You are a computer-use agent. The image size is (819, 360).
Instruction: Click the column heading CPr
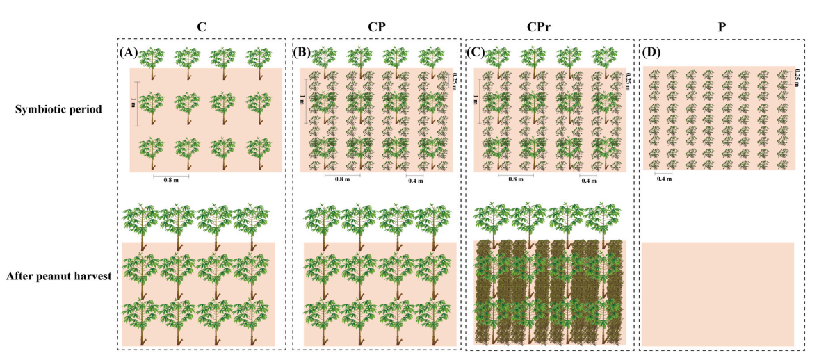(x=551, y=28)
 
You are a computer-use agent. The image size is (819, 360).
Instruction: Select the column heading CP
(x=377, y=28)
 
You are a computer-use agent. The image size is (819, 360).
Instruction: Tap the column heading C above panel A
(x=202, y=28)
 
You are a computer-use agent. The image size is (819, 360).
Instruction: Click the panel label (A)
(x=128, y=52)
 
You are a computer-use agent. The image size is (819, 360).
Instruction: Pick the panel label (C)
(x=476, y=52)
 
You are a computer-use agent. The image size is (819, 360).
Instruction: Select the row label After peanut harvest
(x=58, y=277)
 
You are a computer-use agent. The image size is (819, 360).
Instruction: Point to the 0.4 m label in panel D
(x=664, y=179)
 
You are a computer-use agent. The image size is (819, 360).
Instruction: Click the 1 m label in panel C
(x=475, y=99)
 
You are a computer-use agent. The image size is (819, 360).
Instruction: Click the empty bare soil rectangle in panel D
(x=717, y=294)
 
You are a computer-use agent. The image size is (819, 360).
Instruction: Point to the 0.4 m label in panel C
(x=589, y=181)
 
